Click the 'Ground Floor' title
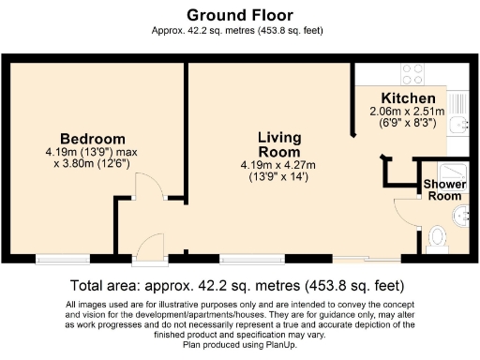coord(239,15)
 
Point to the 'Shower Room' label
coord(443,190)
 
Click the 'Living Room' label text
coord(279,144)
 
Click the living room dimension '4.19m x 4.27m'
coord(279,165)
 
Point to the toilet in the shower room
coord(436,242)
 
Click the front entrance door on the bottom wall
coord(147,248)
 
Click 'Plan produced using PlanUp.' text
coord(239,343)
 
